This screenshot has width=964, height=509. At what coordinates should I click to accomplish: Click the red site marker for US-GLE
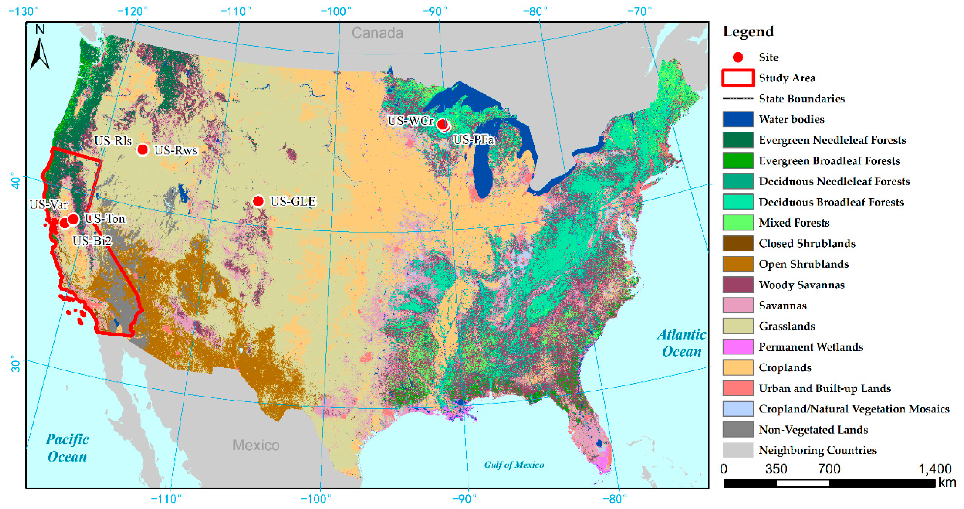point(258,201)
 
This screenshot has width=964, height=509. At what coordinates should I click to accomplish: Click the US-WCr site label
point(411,121)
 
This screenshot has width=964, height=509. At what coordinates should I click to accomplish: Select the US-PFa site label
point(473,140)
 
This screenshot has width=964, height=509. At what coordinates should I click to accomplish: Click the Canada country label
point(377,33)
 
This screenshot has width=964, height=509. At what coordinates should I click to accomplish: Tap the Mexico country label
point(256,445)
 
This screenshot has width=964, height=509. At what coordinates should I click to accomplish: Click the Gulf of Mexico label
point(514,465)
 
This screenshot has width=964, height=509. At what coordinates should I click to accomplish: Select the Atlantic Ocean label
point(681,343)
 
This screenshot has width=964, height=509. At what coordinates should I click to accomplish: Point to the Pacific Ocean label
point(67,448)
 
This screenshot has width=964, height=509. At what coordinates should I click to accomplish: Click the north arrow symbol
point(40,49)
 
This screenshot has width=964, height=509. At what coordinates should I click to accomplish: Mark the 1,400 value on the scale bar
point(935,469)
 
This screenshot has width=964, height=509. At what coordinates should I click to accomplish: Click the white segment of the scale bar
point(803,483)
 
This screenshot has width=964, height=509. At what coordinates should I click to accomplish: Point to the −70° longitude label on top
point(639,12)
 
